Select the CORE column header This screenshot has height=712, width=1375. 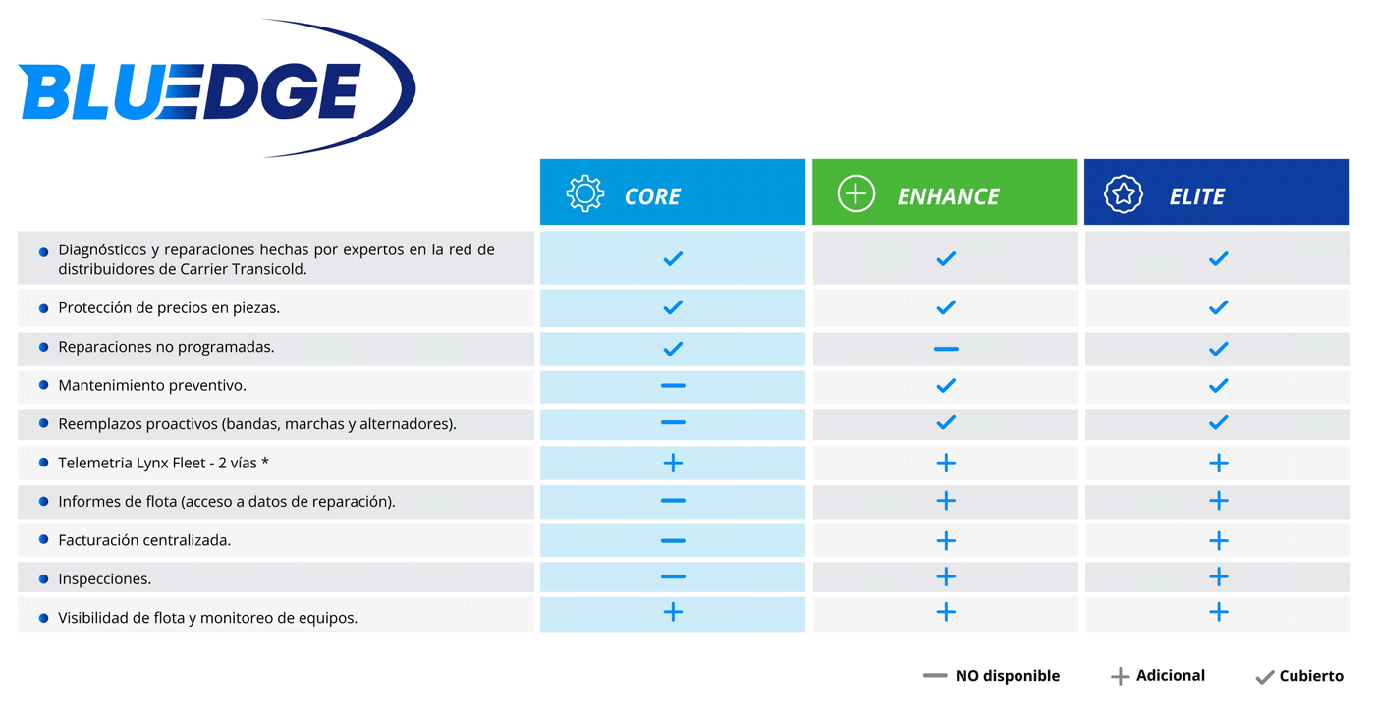(673, 192)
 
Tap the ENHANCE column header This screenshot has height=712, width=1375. (945, 192)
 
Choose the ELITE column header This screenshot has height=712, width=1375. (1217, 192)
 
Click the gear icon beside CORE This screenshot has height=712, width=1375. (585, 194)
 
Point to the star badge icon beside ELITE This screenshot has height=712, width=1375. (1124, 194)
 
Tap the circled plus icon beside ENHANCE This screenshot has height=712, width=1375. (855, 194)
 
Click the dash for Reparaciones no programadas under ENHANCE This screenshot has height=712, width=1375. (946, 349)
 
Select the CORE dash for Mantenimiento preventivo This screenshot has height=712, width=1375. (673, 385)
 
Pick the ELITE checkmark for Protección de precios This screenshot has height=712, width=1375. (1219, 306)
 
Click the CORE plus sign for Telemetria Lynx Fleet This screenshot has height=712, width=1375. (673, 463)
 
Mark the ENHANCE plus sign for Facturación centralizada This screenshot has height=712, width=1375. (946, 541)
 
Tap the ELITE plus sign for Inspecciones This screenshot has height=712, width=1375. (1219, 576)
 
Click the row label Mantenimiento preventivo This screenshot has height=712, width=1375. (151, 385)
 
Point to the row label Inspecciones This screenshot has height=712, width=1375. (104, 578)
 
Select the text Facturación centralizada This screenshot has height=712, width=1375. (144, 540)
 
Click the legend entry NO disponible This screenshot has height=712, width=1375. (991, 676)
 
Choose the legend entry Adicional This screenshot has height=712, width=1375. (1158, 676)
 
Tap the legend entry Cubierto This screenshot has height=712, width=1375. (1298, 676)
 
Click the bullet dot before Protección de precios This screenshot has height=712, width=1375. (43, 308)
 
